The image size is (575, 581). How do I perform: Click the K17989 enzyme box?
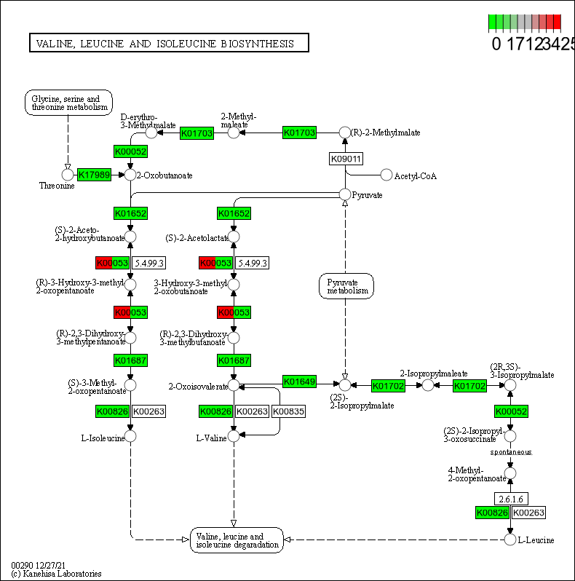pyautogui.click(x=94, y=175)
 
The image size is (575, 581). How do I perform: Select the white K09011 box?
pyautogui.click(x=346, y=159)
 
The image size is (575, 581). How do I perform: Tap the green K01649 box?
pyautogui.click(x=299, y=382)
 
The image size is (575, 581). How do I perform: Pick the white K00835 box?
pyautogui.click(x=288, y=411)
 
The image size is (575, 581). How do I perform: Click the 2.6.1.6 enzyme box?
pyautogui.click(x=511, y=499)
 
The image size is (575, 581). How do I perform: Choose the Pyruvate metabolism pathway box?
pyautogui.click(x=346, y=285)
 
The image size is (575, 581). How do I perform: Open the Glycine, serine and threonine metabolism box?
pyautogui.click(x=68, y=103)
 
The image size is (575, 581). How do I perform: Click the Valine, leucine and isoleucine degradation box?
pyautogui.click(x=237, y=540)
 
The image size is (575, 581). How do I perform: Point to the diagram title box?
pyautogui.click(x=168, y=44)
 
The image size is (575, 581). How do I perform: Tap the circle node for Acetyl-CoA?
pyautogui.click(x=386, y=175)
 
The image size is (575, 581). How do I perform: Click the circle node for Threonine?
pyautogui.click(x=68, y=175)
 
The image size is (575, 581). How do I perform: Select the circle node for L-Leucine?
pyautogui.click(x=510, y=539)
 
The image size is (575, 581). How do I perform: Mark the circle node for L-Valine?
pyautogui.click(x=234, y=436)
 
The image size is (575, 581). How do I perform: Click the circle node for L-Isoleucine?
pyautogui.click(x=130, y=436)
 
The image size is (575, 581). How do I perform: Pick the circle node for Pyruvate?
pyautogui.click(x=346, y=194)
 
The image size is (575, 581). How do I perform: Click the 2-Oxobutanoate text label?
pyautogui.click(x=165, y=175)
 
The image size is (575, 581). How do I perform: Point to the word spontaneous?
pyautogui.click(x=510, y=451)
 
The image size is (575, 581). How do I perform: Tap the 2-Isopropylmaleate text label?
pyautogui.click(x=433, y=373)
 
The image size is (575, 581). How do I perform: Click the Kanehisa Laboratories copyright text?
pyautogui.click(x=56, y=574)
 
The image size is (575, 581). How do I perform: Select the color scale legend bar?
pyautogui.click(x=524, y=23)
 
